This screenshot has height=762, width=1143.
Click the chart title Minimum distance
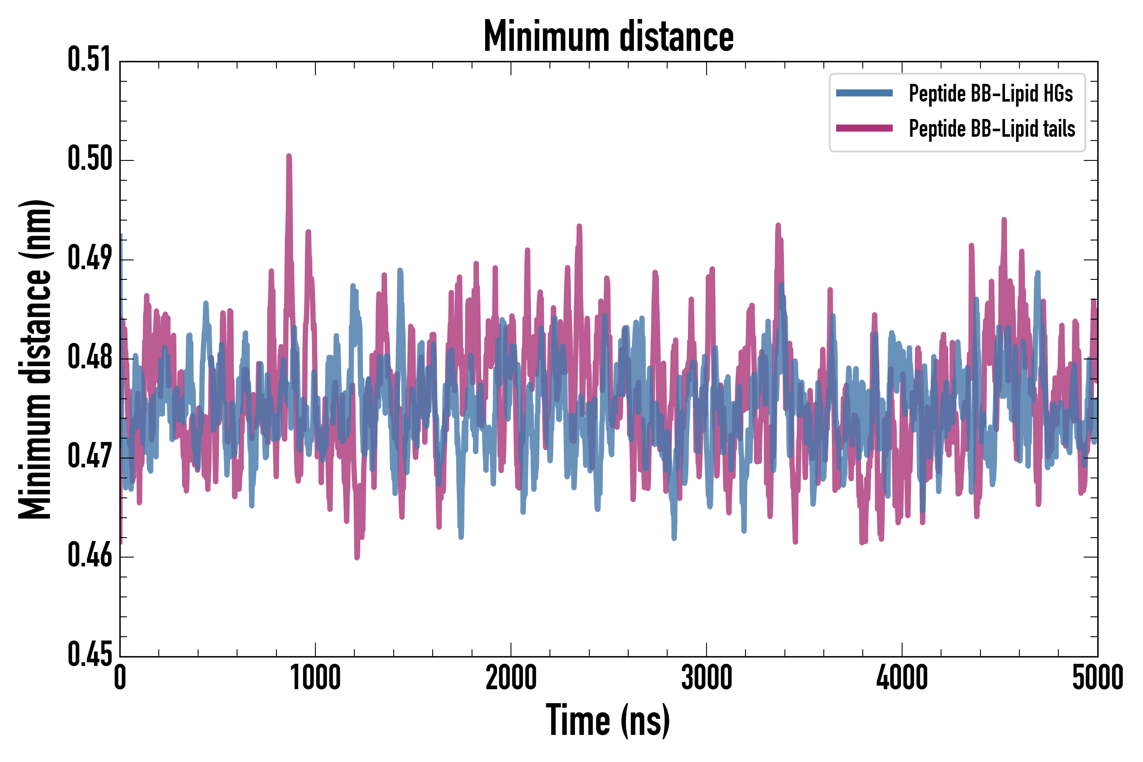(x=608, y=36)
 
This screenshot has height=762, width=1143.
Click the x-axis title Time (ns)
(x=608, y=720)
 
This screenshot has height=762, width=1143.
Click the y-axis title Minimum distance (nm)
(x=35, y=359)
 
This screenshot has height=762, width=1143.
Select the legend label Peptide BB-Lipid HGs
(x=991, y=93)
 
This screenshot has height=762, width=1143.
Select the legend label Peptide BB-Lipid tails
(x=992, y=129)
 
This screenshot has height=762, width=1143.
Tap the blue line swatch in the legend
(x=864, y=93)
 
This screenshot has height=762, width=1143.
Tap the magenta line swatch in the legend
(x=864, y=128)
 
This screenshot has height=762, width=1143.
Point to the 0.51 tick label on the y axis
(x=90, y=60)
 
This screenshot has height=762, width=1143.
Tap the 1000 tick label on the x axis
(x=315, y=678)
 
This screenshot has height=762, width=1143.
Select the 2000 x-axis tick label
(x=511, y=678)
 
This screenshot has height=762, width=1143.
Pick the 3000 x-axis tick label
(x=706, y=678)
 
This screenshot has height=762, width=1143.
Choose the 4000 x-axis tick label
(x=902, y=678)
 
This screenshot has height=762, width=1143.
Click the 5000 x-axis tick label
(x=1097, y=678)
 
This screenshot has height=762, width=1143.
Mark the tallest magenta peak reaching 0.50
(x=289, y=157)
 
